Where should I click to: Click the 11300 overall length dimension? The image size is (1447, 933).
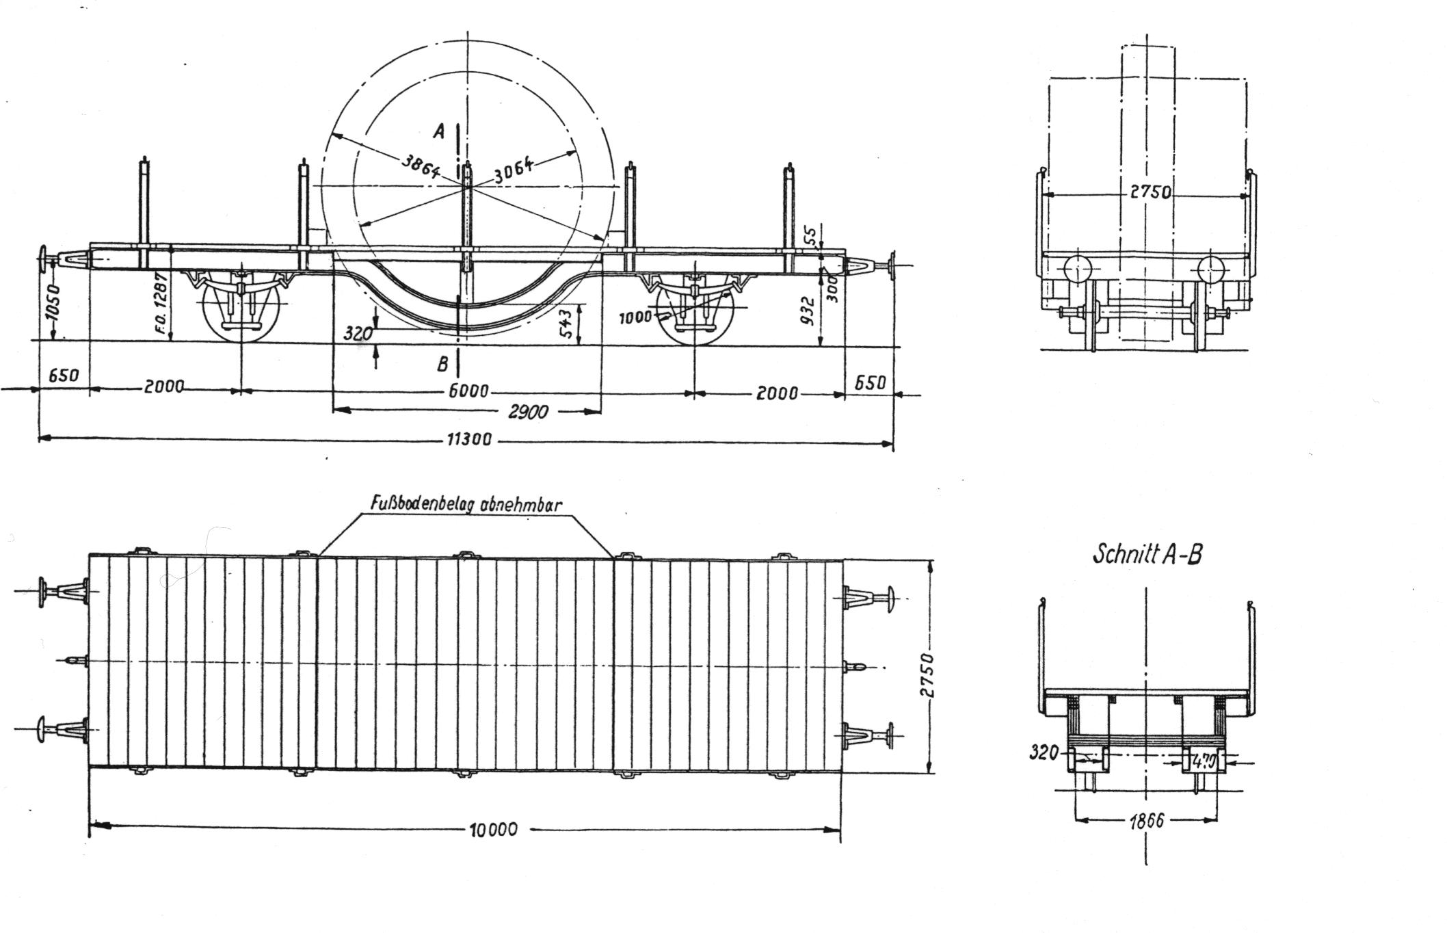pyautogui.click(x=468, y=439)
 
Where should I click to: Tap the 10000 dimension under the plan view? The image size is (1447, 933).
pyautogui.click(x=494, y=830)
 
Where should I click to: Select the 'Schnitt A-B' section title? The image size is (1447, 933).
pyautogui.click(x=1147, y=553)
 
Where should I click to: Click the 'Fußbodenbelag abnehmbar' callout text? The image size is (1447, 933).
pyautogui.click(x=466, y=504)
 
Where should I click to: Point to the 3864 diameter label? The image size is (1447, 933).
pyautogui.click(x=421, y=165)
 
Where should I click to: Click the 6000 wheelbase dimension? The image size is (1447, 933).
pyautogui.click(x=470, y=391)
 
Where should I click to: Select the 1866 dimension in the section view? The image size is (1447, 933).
pyautogui.click(x=1146, y=821)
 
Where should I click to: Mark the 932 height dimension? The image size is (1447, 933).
pyautogui.click(x=808, y=311)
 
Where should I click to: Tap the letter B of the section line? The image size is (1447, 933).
pyautogui.click(x=442, y=364)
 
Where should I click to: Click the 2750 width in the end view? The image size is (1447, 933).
pyautogui.click(x=1150, y=192)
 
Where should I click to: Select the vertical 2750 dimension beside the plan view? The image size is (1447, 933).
pyautogui.click(x=925, y=674)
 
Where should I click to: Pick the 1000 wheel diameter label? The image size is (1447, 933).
pyautogui.click(x=635, y=318)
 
